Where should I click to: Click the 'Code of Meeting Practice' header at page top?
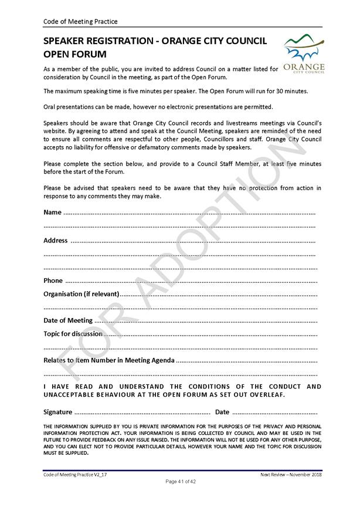tap(80, 22)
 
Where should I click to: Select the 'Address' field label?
tap(56, 241)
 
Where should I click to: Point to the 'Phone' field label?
tap(53, 281)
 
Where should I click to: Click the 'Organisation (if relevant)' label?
tap(81, 293)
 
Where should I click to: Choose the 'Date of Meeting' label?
tap(68, 320)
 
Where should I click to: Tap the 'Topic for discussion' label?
tap(73, 333)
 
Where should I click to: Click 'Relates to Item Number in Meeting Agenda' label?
tap(109, 360)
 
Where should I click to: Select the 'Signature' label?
tap(58, 412)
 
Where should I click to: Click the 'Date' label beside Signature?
tap(222, 412)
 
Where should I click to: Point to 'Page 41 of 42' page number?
tap(181, 481)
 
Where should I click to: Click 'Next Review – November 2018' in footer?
tap(291, 474)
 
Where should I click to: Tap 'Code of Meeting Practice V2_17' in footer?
tap(76, 474)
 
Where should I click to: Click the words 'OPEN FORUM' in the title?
tap(75, 55)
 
